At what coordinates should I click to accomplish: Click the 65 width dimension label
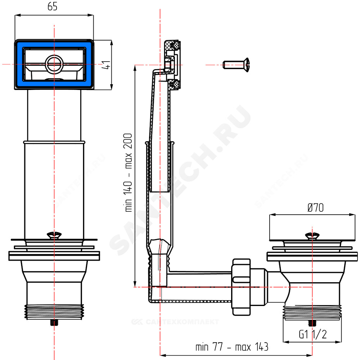click(x=52, y=6)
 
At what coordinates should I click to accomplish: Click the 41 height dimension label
click(x=106, y=65)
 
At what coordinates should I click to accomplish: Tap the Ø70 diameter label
click(x=315, y=208)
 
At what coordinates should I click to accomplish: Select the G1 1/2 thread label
click(x=313, y=334)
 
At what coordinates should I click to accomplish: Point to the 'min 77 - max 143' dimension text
click(x=232, y=347)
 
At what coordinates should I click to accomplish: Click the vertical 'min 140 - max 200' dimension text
click(x=128, y=173)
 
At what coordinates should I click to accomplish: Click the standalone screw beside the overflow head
click(x=236, y=65)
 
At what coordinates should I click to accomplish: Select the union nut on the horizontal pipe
click(x=241, y=287)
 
